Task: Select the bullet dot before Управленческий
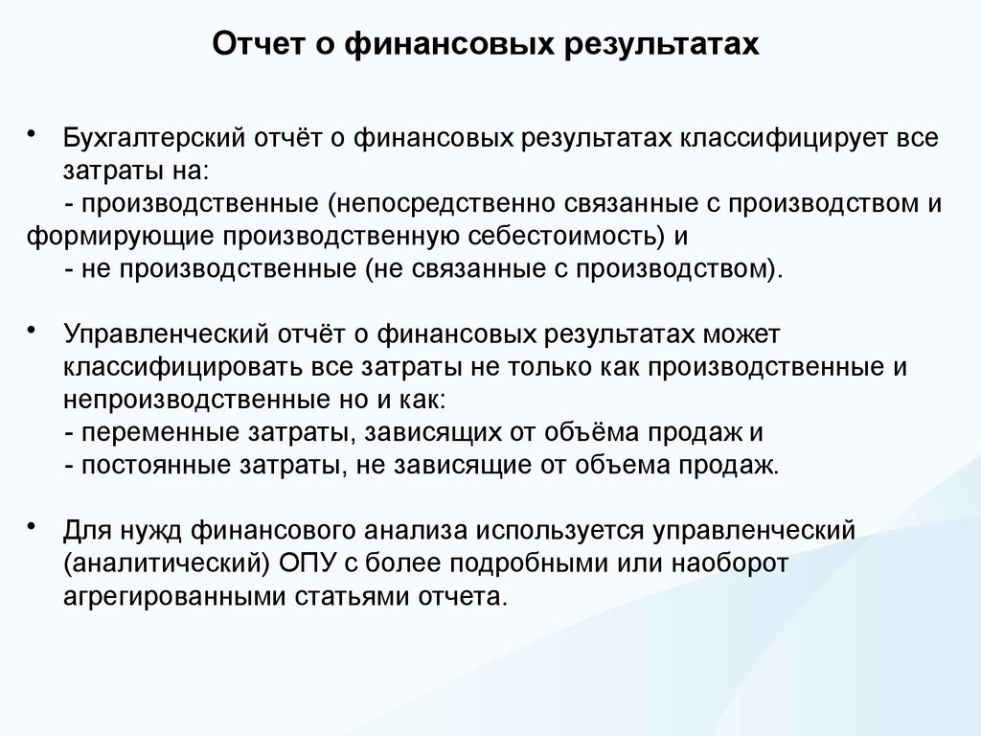[x=34, y=331]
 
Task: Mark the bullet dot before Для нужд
[x=34, y=526]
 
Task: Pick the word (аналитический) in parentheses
[x=164, y=563]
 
